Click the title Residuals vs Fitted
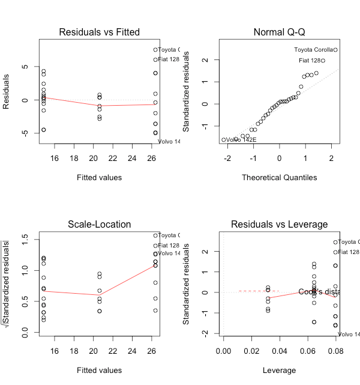click(x=100, y=32)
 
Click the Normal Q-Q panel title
click(x=279, y=32)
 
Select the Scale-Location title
click(x=100, y=225)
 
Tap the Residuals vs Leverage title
click(x=279, y=225)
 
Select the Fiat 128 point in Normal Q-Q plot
click(x=323, y=61)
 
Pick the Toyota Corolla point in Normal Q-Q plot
click(x=335, y=50)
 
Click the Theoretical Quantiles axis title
click(x=279, y=177)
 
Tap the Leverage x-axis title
click(x=279, y=370)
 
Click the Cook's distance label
click(x=317, y=292)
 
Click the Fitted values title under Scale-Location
click(x=100, y=370)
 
